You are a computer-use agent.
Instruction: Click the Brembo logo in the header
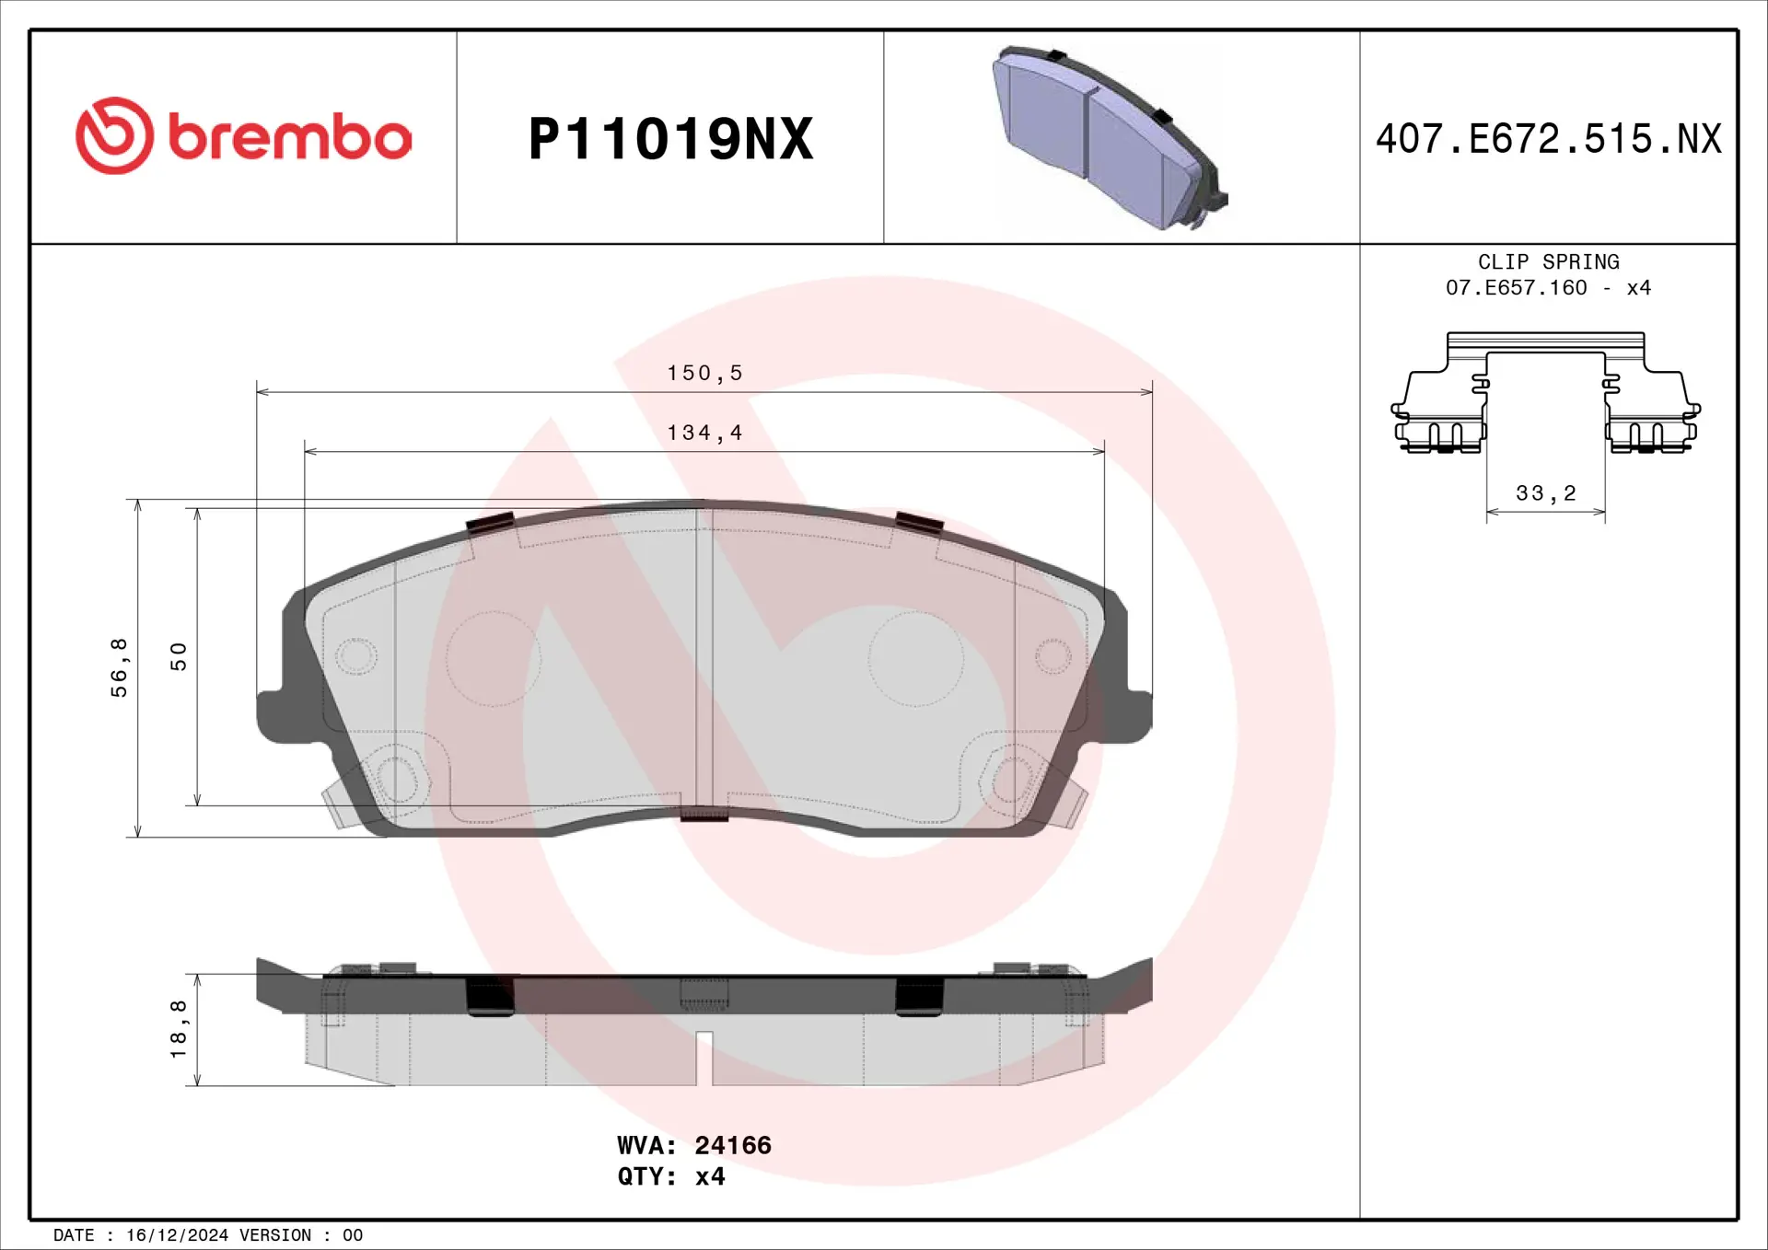[x=244, y=136]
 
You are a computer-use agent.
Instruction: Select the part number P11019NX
[x=670, y=139]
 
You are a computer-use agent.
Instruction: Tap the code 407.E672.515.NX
[x=1548, y=139]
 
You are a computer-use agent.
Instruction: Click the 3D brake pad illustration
[x=1110, y=138]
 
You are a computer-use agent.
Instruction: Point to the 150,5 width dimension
[x=704, y=373]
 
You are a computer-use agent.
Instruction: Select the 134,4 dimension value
[x=704, y=433]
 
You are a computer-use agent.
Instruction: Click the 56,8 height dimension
[x=120, y=667]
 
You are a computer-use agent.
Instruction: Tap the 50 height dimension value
[x=179, y=656]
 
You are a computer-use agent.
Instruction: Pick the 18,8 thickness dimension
[x=179, y=1029]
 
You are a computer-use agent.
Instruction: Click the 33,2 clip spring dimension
[x=1546, y=493]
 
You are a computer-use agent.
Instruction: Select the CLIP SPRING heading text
[x=1548, y=262]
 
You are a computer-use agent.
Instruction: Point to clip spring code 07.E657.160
[x=1516, y=288]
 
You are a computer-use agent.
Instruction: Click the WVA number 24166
[x=733, y=1145]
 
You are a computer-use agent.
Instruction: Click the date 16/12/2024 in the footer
[x=177, y=1235]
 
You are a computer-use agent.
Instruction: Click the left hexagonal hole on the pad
[x=394, y=780]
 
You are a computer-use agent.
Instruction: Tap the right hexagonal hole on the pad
[x=1012, y=780]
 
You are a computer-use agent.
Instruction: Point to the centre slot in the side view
[x=704, y=1057]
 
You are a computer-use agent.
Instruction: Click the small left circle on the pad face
[x=355, y=656]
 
